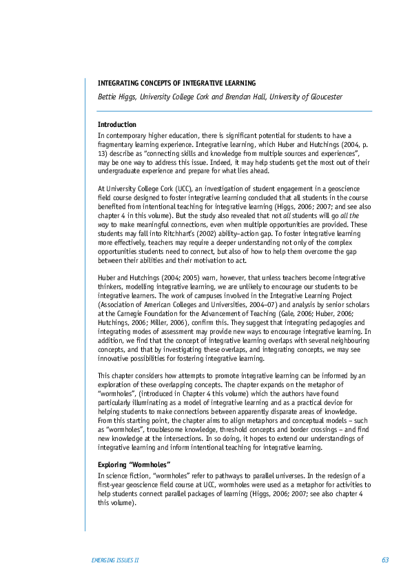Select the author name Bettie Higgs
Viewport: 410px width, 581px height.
tap(117, 97)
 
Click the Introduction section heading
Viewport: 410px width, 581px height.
tap(117, 125)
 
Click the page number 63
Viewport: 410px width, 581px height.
tap(385, 560)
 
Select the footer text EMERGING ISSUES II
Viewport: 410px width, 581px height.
tap(115, 560)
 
